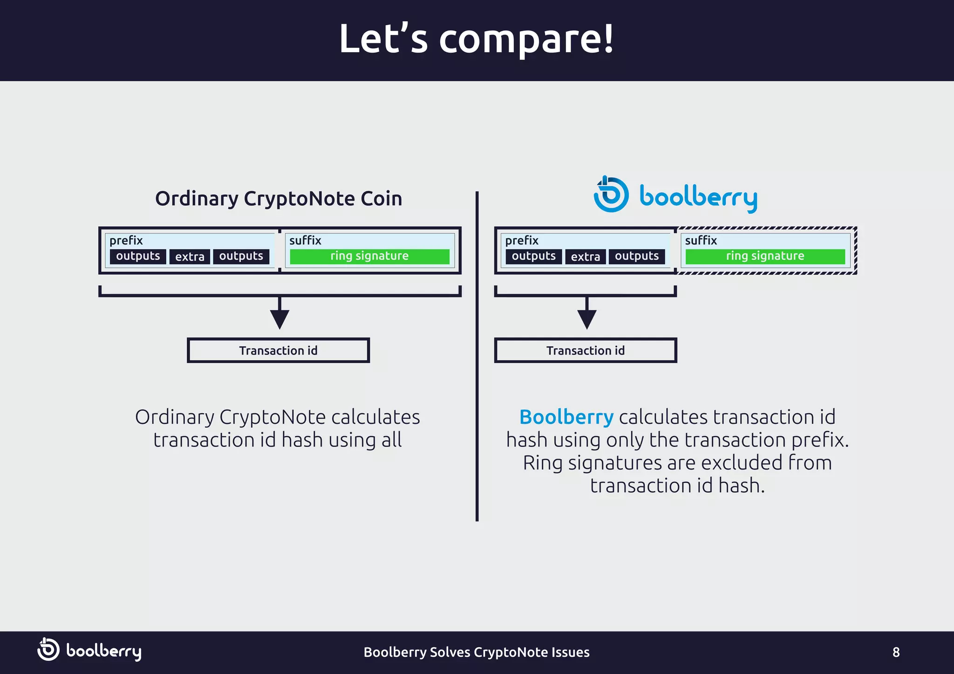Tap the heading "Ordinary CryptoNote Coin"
tap(279, 199)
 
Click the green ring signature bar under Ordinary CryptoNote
tap(369, 256)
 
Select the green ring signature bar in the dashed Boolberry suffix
tap(765, 256)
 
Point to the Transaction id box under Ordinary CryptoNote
tap(278, 350)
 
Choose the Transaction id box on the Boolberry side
tap(586, 350)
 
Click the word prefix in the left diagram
tap(126, 241)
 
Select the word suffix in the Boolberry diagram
tap(701, 241)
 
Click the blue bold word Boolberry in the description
tap(566, 417)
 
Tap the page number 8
tap(896, 652)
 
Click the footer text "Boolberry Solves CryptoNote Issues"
tap(477, 652)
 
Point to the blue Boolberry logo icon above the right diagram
tap(611, 195)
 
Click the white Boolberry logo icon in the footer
tap(48, 649)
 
